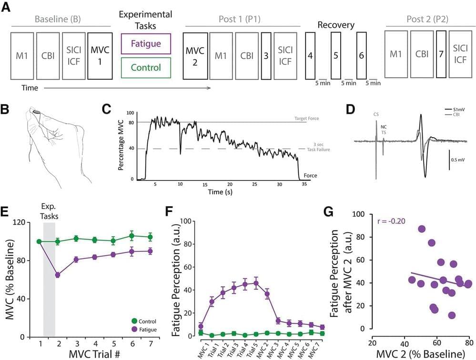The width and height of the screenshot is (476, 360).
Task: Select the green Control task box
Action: [x=146, y=67]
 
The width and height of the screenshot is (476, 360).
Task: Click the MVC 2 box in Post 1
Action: [x=195, y=56]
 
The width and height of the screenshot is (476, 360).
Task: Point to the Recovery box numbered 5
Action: [x=335, y=55]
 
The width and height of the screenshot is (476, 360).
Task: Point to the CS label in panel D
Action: [x=376, y=114]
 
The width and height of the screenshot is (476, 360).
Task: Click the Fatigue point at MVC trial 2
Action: [x=58, y=275]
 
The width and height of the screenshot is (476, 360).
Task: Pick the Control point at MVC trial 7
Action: [x=150, y=237]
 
